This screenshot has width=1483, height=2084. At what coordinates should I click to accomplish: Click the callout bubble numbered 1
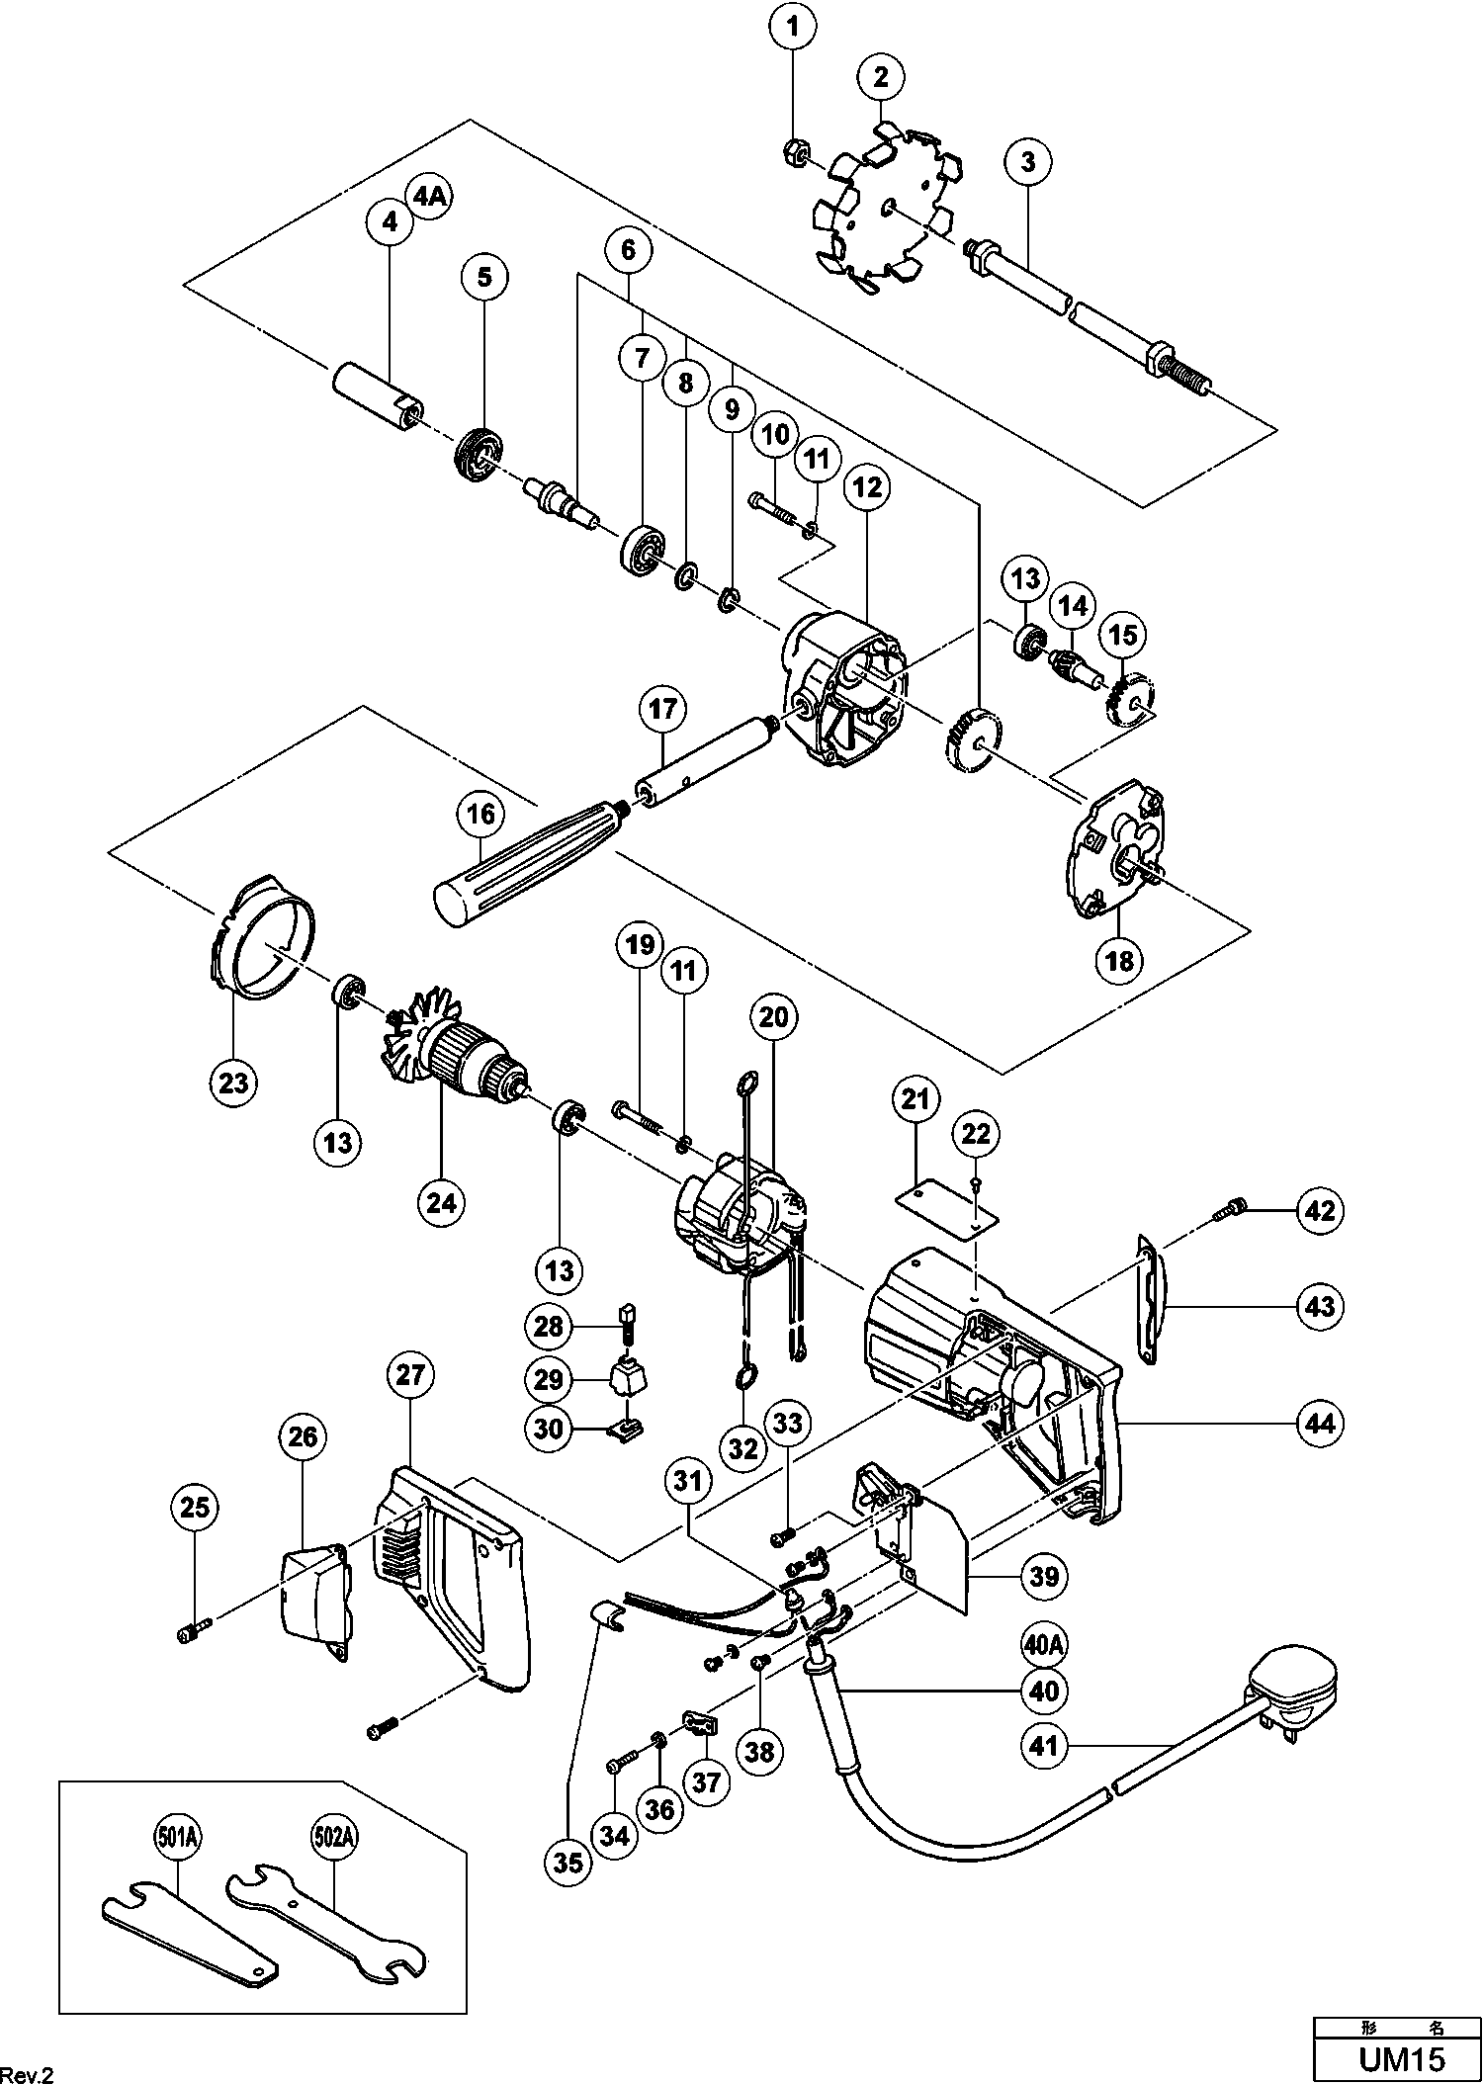pyautogui.click(x=793, y=27)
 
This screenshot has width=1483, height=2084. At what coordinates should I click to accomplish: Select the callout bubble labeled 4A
pyautogui.click(x=430, y=197)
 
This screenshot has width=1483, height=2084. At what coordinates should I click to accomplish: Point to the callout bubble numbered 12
pyautogui.click(x=866, y=486)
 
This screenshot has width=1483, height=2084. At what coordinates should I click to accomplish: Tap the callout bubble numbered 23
pyautogui.click(x=233, y=1082)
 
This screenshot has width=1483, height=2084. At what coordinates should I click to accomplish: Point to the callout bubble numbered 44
pyautogui.click(x=1320, y=1423)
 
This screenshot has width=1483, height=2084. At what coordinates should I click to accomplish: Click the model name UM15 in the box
pyautogui.click(x=1402, y=2059)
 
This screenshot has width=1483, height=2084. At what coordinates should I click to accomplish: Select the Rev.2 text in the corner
pyautogui.click(x=26, y=2070)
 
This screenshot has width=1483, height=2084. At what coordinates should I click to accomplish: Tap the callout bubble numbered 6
pyautogui.click(x=629, y=250)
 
